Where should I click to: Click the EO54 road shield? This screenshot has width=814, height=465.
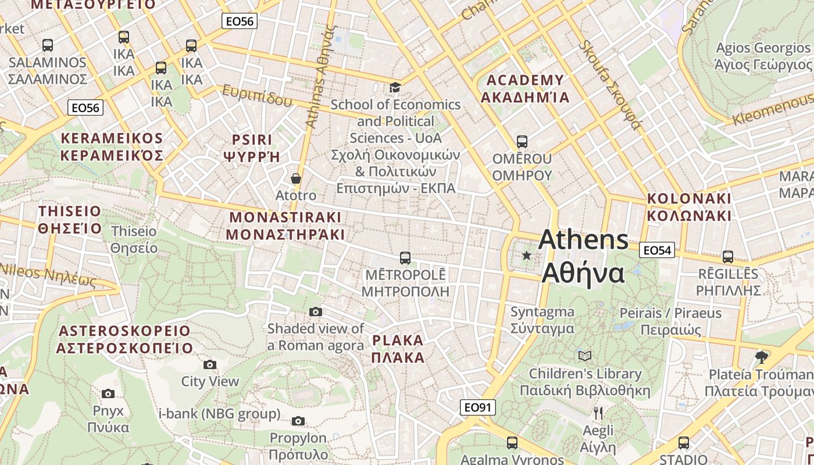(657, 251)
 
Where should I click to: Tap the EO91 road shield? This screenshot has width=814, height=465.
(477, 407)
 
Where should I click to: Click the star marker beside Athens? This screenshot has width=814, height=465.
(527, 255)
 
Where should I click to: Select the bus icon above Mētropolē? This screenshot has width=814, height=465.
(405, 257)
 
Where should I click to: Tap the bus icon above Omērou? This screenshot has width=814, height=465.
(522, 141)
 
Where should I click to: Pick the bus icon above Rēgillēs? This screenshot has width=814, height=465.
(727, 256)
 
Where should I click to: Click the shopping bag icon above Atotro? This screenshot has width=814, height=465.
(296, 178)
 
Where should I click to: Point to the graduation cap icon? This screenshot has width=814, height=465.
(395, 88)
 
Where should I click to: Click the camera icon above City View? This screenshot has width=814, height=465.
(210, 364)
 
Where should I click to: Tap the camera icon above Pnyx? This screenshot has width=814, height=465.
(108, 394)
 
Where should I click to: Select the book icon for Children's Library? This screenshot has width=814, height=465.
(585, 356)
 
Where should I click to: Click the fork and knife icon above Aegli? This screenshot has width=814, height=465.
(598, 413)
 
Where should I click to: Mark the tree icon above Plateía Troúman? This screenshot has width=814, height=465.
(761, 357)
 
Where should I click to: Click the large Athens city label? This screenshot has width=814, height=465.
(583, 256)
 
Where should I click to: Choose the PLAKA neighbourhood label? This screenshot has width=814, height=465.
(398, 348)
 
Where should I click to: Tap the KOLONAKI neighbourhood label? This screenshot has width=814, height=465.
(689, 206)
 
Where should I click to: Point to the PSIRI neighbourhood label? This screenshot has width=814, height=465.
(252, 148)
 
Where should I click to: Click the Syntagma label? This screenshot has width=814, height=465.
(542, 320)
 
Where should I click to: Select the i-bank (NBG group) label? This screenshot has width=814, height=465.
(219, 414)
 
